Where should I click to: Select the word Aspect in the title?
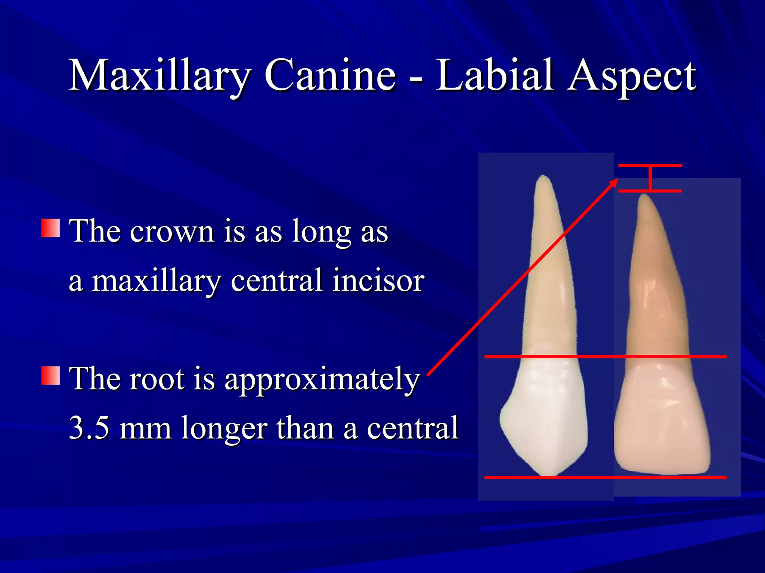(631, 76)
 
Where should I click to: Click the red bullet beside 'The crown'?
(50, 228)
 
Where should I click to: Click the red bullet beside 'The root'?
(50, 375)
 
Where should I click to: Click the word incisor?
(378, 281)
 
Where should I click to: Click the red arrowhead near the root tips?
(613, 183)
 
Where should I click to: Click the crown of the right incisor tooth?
(661, 418)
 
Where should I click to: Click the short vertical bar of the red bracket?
(650, 178)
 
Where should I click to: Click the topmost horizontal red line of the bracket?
(650, 165)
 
